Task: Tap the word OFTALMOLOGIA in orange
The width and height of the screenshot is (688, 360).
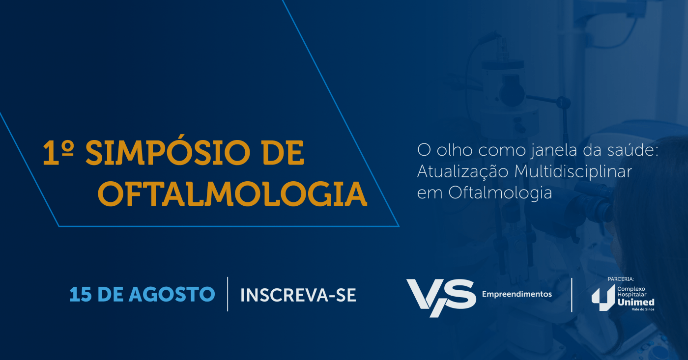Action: (232, 194)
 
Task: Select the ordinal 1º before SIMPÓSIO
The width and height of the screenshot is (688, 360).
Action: (58, 153)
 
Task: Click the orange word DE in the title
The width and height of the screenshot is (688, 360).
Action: (283, 153)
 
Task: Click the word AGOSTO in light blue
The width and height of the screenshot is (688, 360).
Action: (172, 295)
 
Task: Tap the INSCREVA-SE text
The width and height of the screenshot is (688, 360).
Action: (298, 295)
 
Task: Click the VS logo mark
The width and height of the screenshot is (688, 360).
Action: (441, 298)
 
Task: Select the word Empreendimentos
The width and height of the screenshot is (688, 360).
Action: (517, 294)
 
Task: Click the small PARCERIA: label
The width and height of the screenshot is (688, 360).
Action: (621, 279)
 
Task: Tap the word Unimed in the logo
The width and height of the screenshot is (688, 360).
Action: (636, 303)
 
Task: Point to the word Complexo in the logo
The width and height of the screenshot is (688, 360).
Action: (631, 289)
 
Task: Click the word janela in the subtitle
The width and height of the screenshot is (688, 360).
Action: (551, 150)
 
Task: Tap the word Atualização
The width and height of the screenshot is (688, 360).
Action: (462, 171)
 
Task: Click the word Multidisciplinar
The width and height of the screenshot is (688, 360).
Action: (573, 172)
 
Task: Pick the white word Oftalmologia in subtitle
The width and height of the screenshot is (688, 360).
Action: (500, 193)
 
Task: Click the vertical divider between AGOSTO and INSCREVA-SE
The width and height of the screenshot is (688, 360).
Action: (228, 294)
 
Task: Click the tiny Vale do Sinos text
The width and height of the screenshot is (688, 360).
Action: (643, 309)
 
